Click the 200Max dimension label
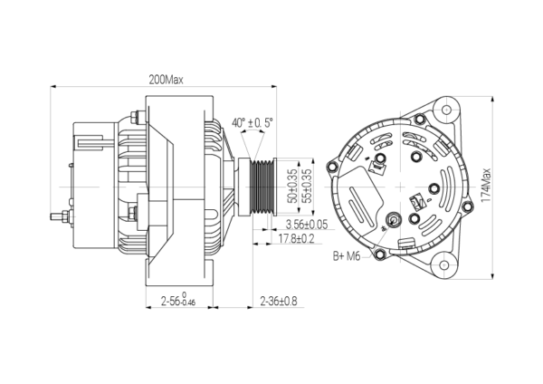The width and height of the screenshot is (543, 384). click(166, 80)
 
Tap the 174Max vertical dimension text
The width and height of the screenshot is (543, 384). click(486, 186)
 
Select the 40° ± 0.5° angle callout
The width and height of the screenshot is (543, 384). click(252, 122)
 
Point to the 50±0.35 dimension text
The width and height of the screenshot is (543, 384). click(292, 186)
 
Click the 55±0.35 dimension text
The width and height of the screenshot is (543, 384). click(307, 186)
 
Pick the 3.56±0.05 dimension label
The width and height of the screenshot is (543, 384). click(307, 225)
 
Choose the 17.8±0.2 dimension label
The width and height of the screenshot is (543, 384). click(297, 239)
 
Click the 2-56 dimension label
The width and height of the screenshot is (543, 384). click(178, 300)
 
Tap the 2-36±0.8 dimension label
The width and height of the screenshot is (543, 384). click(279, 301)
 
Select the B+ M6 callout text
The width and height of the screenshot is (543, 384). click(347, 256)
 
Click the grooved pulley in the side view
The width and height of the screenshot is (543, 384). click(258, 187)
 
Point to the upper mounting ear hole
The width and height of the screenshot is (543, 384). click(446, 110)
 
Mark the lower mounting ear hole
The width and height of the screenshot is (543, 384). click(443, 265)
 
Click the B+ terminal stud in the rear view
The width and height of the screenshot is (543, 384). click(393, 220)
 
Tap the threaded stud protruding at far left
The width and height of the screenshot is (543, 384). click(60, 216)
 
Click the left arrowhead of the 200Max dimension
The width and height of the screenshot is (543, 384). click(53, 86)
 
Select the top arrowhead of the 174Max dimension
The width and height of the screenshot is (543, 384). click(492, 100)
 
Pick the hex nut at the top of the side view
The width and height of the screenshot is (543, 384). click(133, 117)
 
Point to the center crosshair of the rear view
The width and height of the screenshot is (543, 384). click(400, 187)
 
